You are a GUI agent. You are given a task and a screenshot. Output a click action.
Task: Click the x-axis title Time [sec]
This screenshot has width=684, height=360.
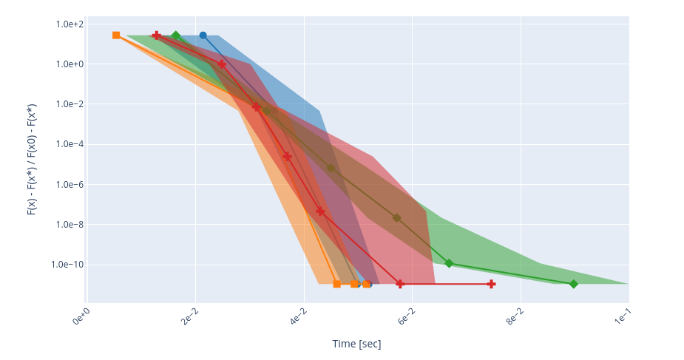pyautogui.click(x=357, y=344)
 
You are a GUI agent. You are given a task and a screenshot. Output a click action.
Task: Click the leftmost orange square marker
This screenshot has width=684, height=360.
pyautogui.click(x=116, y=35)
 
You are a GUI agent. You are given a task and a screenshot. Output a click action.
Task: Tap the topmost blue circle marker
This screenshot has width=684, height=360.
pyautogui.click(x=203, y=35)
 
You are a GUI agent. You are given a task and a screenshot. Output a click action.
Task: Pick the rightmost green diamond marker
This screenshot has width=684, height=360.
pyautogui.click(x=573, y=284)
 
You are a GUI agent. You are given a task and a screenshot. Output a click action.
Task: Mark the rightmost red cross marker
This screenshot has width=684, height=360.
pyautogui.click(x=491, y=284)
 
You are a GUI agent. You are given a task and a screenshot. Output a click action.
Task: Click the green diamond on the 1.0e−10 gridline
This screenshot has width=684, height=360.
pyautogui.click(x=449, y=263)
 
